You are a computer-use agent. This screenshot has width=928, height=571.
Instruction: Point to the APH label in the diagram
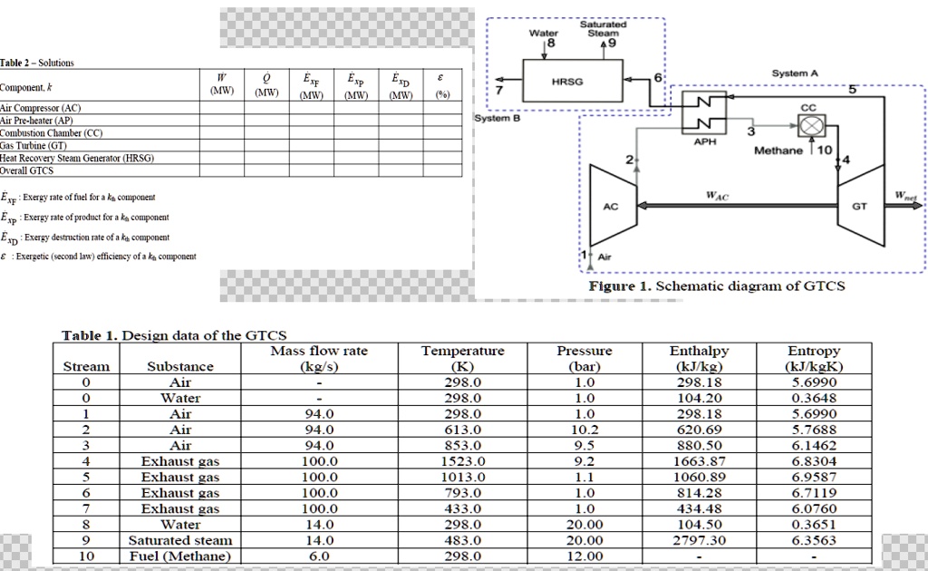tap(705, 141)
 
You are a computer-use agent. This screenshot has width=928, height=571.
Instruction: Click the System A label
tap(794, 73)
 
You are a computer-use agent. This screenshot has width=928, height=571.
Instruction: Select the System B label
tap(498, 118)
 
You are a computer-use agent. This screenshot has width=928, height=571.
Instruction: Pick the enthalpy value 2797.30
tap(698, 540)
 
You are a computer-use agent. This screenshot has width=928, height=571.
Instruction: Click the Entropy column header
tap(814, 351)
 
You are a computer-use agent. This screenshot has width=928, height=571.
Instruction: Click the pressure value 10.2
tap(586, 430)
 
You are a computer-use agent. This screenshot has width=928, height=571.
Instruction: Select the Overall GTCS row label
tap(27, 170)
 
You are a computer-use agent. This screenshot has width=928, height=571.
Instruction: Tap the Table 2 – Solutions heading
tap(37, 63)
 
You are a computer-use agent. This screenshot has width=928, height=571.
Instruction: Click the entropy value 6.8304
tap(814, 461)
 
